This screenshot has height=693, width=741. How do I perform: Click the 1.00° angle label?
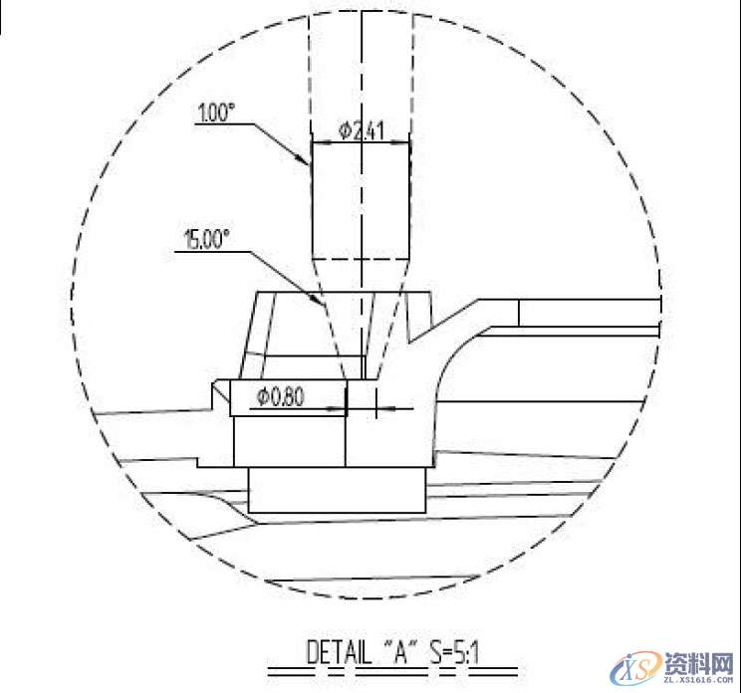coord(216,114)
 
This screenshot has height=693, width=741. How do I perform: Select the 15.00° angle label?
coord(207,239)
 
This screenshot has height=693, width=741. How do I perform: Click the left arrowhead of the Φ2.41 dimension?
coord(316,142)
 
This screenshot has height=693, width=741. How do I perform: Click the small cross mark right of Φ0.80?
coord(375,405)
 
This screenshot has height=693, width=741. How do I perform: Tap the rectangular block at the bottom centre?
coord(337,492)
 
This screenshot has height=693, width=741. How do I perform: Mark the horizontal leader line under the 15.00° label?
coord(214,251)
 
